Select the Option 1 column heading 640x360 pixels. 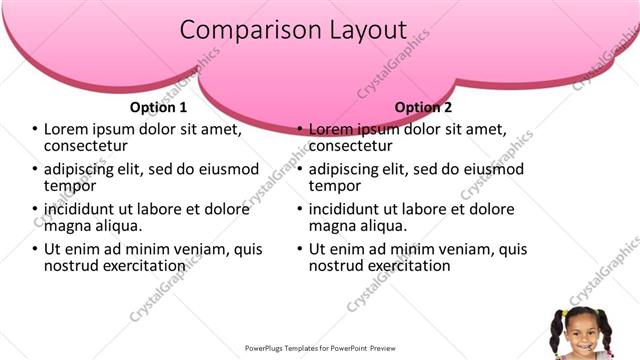[x=158, y=107]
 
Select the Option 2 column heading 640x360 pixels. [x=423, y=107]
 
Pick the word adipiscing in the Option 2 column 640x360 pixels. [x=348, y=169]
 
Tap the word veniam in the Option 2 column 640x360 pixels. [x=439, y=249]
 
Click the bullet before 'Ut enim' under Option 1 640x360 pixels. [x=34, y=249]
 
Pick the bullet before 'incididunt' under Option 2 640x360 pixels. [x=299, y=209]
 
